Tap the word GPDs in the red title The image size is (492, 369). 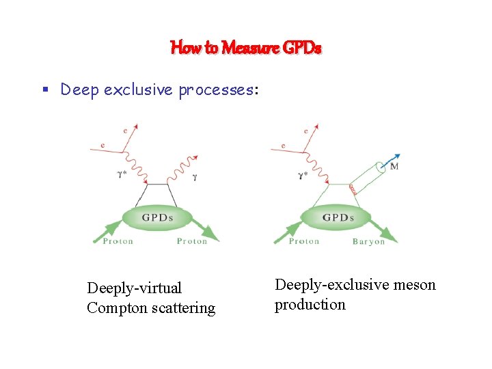(x=302, y=48)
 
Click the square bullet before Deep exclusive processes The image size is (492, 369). (x=43, y=90)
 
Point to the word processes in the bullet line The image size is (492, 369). (x=215, y=90)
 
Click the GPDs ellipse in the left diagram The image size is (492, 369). (x=157, y=219)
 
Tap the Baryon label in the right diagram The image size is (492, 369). (x=368, y=241)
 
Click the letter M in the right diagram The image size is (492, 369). (x=394, y=166)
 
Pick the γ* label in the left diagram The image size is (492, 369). (x=124, y=174)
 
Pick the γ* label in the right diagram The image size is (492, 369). (x=303, y=175)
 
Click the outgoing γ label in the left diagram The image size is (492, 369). (x=195, y=176)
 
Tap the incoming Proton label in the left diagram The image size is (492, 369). (x=118, y=241)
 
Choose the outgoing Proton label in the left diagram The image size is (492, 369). (x=191, y=241)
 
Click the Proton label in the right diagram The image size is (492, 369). (x=304, y=241)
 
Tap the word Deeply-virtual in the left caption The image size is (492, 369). (x=134, y=288)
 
